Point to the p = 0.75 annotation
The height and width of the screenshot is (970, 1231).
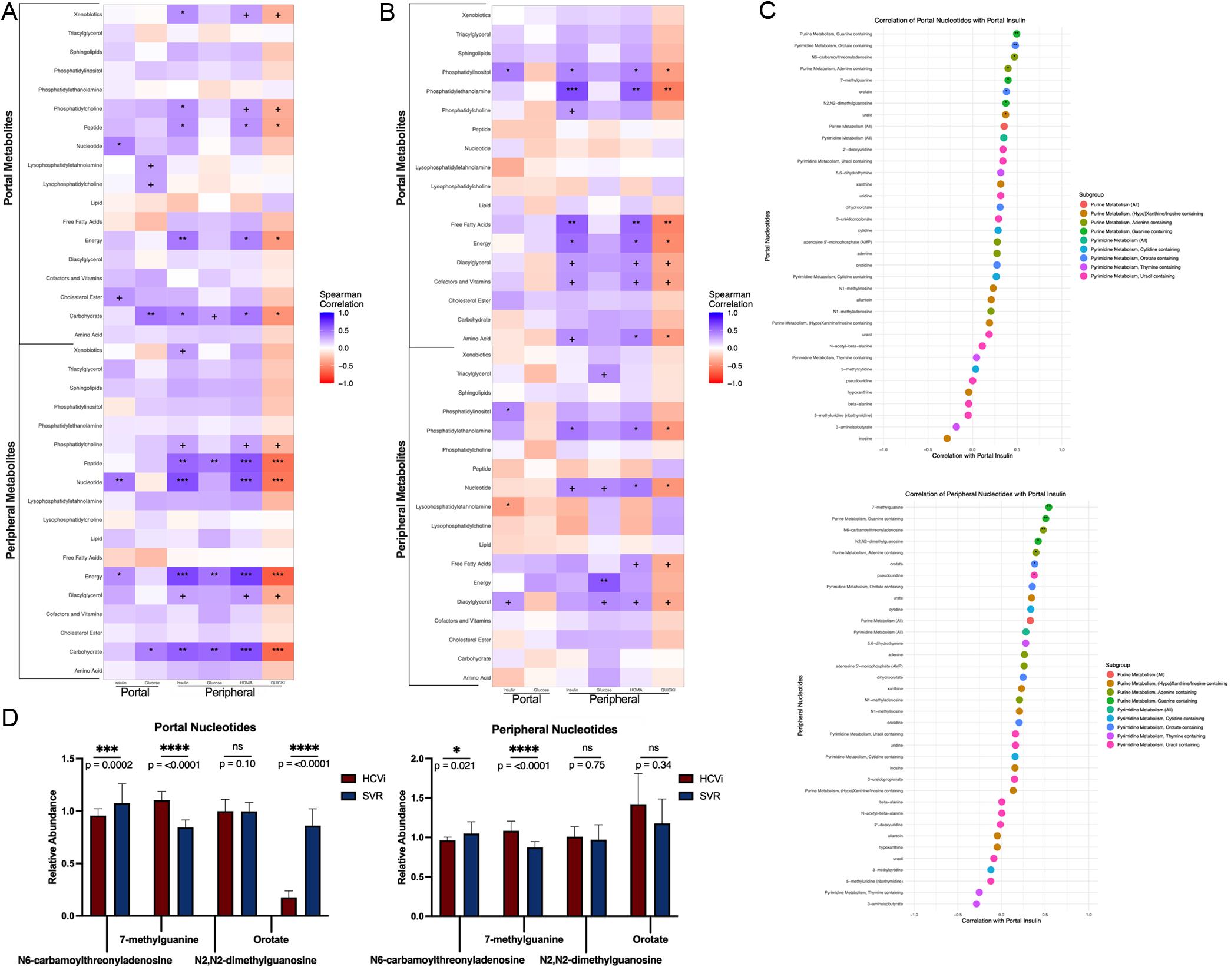click(587, 765)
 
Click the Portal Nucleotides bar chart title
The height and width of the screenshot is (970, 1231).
click(205, 727)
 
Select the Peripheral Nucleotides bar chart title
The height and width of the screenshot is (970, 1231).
click(554, 730)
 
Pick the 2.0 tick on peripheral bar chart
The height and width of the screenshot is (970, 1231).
click(417, 759)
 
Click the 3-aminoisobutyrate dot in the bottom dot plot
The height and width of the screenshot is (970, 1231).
click(977, 903)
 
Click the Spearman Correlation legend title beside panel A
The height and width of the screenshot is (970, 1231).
click(341, 299)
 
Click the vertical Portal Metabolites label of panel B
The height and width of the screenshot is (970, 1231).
click(401, 157)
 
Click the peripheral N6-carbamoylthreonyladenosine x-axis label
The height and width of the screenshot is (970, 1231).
click(447, 960)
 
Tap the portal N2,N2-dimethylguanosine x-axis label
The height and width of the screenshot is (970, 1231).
click(255, 960)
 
